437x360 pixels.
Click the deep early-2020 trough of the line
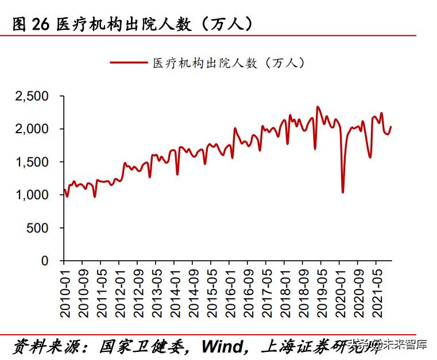click(x=343, y=192)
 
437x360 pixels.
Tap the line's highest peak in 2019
click(x=318, y=107)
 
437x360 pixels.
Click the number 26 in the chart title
click(x=41, y=24)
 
